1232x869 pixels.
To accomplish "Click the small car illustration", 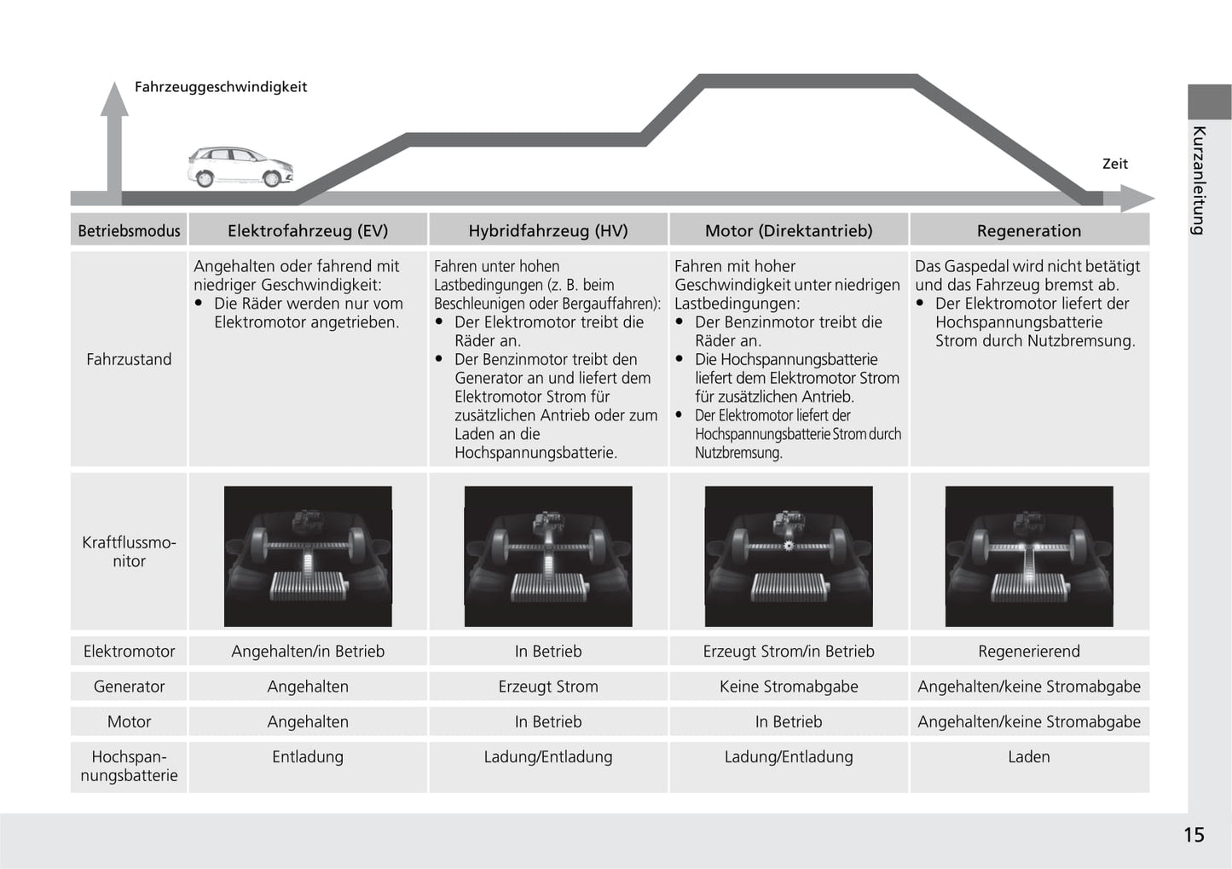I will point(240,166).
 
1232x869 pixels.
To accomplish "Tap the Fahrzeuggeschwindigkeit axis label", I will point(220,87).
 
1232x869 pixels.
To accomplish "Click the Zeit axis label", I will point(1114,164).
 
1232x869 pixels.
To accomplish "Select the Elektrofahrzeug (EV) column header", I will point(308,230).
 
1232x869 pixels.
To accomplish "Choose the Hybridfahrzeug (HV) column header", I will point(548,230).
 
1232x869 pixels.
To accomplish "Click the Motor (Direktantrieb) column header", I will point(789,230).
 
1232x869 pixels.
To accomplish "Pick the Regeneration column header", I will point(1028,230).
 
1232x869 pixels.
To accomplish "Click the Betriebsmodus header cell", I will point(129,230).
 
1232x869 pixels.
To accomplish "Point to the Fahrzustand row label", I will point(129,359).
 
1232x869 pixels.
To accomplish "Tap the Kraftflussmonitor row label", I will point(129,552).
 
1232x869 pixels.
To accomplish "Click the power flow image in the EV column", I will point(308,556).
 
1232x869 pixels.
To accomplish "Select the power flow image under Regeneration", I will point(1029,556).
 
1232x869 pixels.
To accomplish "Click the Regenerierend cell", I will point(1028,652).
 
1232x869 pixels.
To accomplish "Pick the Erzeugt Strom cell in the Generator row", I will point(548,687).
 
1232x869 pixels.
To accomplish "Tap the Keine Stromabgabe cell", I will point(789,687).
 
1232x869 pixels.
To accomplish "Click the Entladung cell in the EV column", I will point(308,756).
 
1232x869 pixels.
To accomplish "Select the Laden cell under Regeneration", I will point(1028,756).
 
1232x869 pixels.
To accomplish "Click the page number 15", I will point(1194,835).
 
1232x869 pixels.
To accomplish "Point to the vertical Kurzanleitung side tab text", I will point(1199,180).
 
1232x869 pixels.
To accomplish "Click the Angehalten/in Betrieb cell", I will point(308,652).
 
